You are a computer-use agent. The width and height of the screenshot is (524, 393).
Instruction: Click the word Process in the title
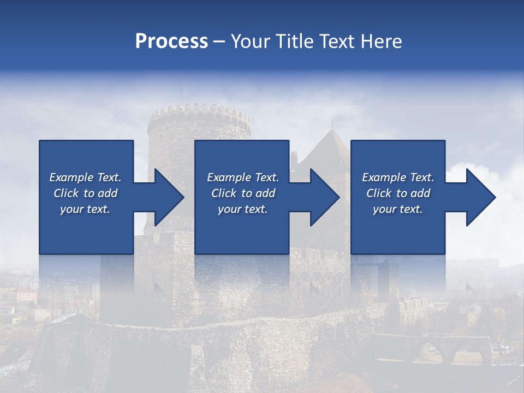pos(171,41)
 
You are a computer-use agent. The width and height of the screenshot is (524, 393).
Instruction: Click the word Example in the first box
pos(72,177)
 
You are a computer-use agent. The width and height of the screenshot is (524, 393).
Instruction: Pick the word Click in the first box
pos(67,193)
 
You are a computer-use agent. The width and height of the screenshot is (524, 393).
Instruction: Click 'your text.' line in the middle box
pos(242,209)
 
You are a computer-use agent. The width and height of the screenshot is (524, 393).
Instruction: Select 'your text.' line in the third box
pos(397,209)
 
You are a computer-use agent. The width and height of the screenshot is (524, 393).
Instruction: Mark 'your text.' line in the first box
pos(85,209)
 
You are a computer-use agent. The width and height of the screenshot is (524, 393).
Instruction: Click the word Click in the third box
pos(379,193)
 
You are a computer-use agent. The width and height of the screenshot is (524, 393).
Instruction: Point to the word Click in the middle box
pos(224,193)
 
